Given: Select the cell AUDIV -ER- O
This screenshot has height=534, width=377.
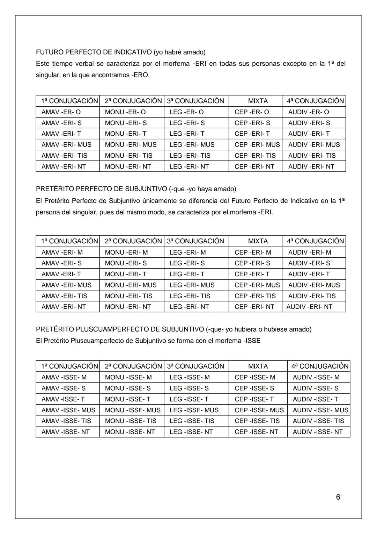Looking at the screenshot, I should [309, 112].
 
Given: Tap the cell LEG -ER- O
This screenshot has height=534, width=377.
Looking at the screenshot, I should [186, 112].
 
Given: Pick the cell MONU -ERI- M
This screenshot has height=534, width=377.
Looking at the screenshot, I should [126, 252].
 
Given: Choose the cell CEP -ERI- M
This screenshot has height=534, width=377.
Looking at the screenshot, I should [253, 252].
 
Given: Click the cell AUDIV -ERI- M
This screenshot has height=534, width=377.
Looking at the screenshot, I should [310, 252].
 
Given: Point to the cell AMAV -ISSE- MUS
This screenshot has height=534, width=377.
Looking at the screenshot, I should [68, 410].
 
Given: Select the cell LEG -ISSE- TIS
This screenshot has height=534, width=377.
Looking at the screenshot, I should [192, 421].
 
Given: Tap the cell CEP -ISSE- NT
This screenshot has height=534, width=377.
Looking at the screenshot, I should [256, 432].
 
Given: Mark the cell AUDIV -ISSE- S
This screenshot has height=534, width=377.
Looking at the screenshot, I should [316, 388].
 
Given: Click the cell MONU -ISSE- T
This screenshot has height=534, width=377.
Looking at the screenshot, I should [128, 399].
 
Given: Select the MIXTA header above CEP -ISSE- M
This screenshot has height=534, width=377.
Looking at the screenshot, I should [258, 366].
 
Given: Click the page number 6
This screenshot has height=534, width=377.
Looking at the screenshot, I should [338, 497].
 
